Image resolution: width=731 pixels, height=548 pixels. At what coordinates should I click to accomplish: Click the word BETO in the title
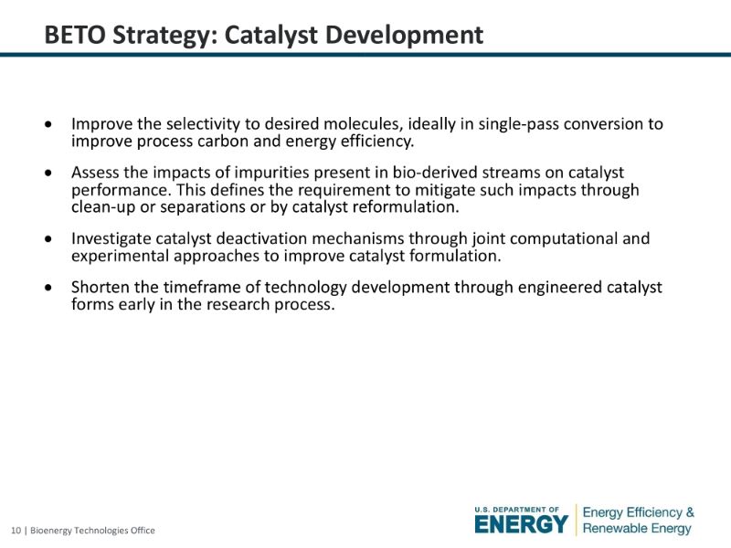coord(75,35)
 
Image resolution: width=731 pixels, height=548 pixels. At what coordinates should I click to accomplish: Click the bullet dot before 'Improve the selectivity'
coord(48,124)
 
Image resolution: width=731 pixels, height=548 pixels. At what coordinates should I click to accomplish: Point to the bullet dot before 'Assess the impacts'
coord(48,173)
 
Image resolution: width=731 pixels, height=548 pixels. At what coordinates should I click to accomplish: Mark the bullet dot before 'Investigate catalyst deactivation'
coord(48,239)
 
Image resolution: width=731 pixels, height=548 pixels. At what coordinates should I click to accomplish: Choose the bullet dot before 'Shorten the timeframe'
coord(48,288)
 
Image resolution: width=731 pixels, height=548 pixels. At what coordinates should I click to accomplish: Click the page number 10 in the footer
coord(16,531)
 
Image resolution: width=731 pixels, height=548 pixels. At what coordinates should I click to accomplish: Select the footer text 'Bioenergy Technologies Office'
coord(92,531)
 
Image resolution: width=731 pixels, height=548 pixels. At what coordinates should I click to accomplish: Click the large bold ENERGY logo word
coord(521,524)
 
